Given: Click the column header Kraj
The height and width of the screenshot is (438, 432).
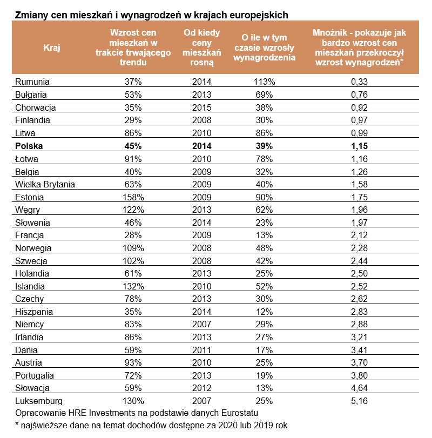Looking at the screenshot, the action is [x=52, y=48].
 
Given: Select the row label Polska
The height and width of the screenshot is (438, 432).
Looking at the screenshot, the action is [x=29, y=146].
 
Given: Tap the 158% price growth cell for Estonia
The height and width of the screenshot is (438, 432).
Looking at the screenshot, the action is [x=133, y=197].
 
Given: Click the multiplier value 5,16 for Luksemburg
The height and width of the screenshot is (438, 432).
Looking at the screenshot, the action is [x=359, y=401].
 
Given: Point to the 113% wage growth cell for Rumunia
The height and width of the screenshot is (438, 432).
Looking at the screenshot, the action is [x=264, y=82].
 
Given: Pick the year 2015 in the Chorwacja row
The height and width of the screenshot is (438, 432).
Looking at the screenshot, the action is [x=201, y=107].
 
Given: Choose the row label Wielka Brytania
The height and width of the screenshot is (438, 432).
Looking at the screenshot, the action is [x=45, y=184].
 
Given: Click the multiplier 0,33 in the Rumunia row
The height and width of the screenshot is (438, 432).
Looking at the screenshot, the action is [x=359, y=82].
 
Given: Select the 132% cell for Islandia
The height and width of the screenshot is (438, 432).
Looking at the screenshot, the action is [x=133, y=286].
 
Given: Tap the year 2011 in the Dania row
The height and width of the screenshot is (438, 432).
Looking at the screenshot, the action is [x=201, y=350].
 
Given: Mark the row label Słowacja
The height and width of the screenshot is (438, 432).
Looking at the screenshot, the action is [x=32, y=388].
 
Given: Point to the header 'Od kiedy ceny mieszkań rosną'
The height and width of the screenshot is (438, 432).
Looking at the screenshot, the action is [x=201, y=48].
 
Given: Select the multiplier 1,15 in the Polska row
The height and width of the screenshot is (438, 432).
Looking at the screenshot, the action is [x=359, y=146].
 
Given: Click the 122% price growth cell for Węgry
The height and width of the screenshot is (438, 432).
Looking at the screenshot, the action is [x=133, y=210].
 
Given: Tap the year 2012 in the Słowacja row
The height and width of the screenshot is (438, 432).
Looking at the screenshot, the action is [x=201, y=388].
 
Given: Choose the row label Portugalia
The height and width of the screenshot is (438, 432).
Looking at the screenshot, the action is [x=35, y=375].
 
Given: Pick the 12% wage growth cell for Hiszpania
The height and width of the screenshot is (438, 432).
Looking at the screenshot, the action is [x=264, y=312].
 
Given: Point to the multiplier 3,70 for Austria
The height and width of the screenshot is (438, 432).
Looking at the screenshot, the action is [x=359, y=362].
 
